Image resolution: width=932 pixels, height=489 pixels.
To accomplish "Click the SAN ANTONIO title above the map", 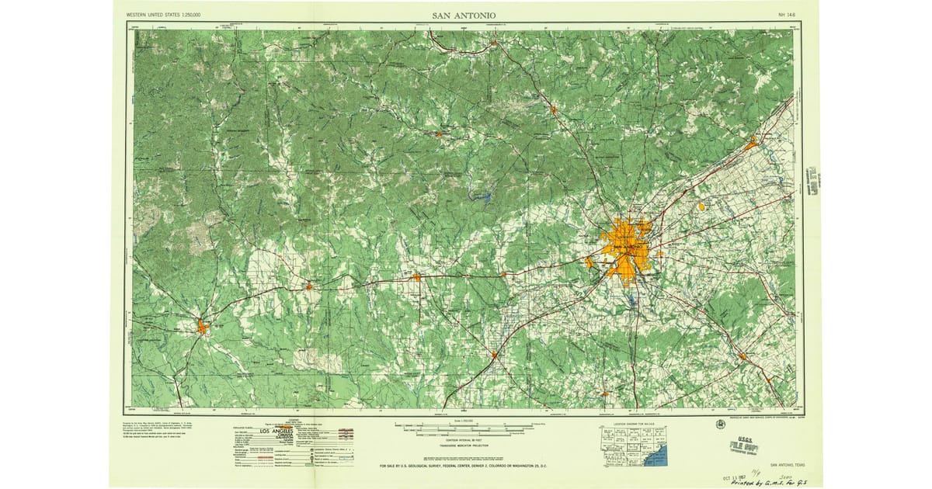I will (x=464, y=15).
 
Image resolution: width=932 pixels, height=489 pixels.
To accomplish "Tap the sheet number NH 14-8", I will (x=787, y=15).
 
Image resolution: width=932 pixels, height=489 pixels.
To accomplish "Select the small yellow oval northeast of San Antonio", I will (x=701, y=206).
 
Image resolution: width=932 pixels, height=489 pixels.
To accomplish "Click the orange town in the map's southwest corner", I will (x=202, y=326).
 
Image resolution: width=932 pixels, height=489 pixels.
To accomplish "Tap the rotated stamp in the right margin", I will (x=814, y=182).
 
